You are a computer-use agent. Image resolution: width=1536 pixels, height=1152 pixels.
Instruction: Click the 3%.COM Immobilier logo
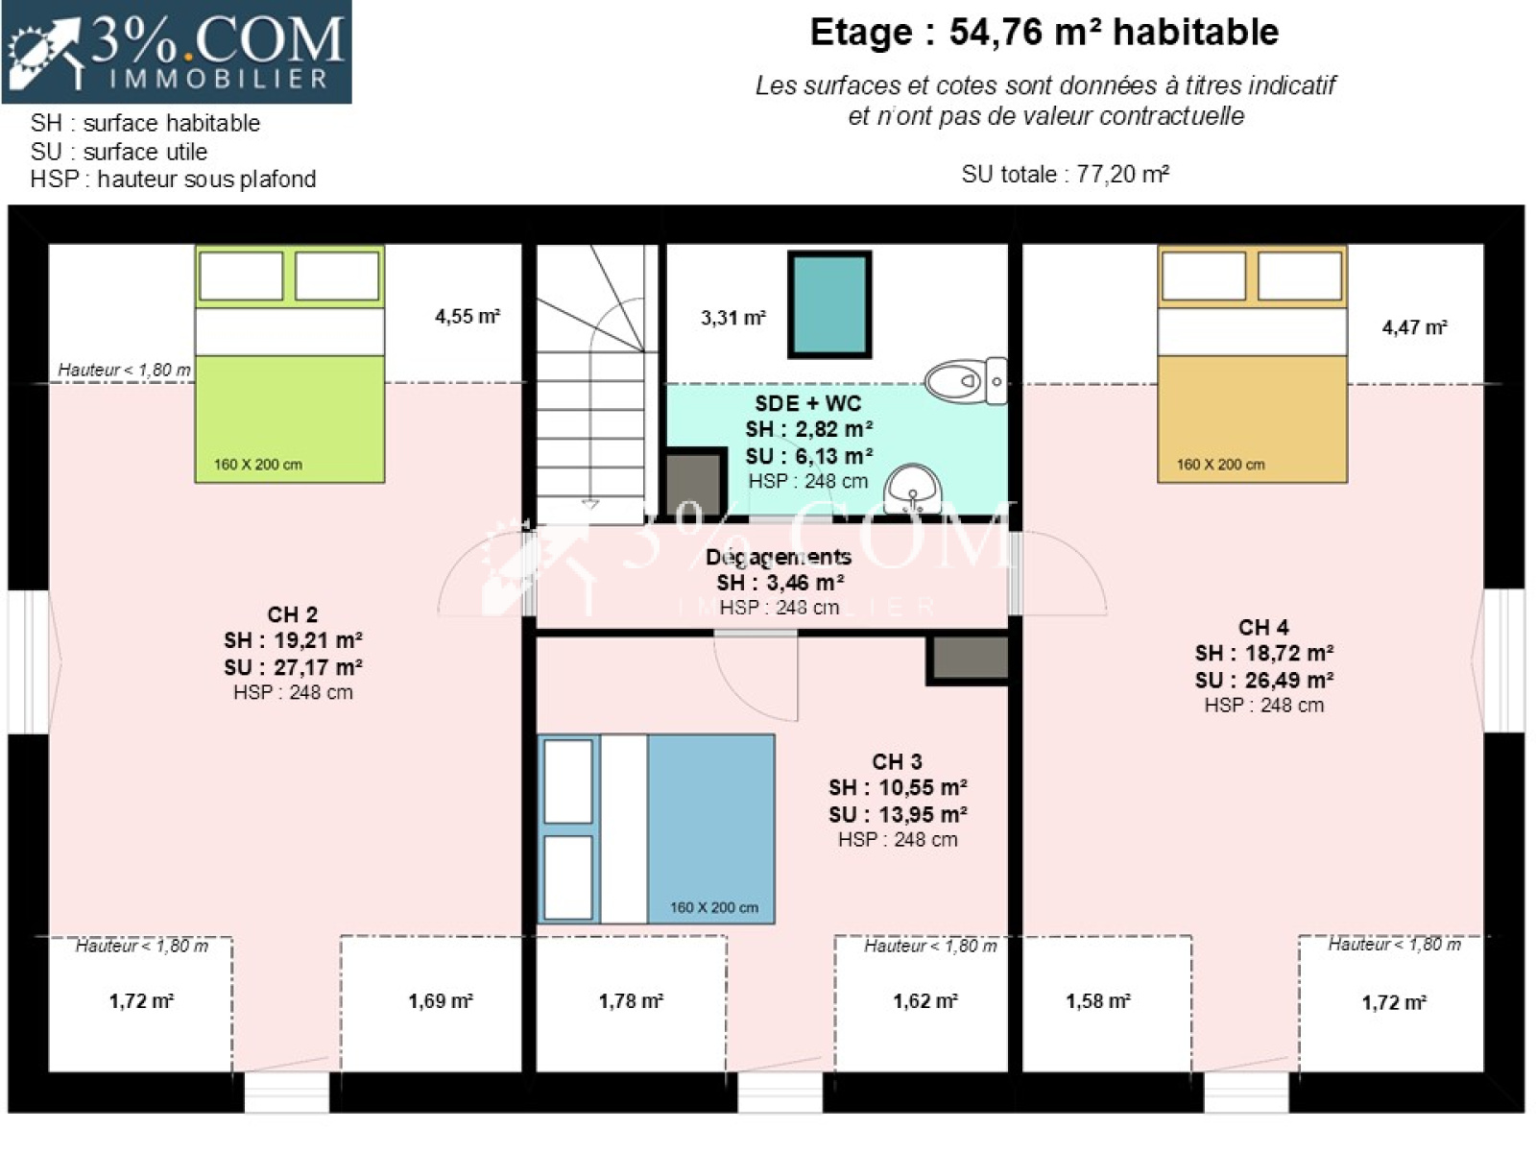click(177, 53)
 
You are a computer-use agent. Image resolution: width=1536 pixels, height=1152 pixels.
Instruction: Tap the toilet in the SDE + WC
click(967, 381)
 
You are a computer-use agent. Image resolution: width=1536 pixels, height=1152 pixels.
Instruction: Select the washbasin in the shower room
click(913, 489)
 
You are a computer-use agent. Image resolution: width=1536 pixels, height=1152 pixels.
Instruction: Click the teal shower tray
click(830, 305)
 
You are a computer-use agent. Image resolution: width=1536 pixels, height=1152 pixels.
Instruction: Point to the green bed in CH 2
click(290, 364)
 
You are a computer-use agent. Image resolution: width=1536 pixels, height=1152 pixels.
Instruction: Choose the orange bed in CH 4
click(1253, 364)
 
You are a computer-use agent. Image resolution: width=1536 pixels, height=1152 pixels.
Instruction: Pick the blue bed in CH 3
click(657, 828)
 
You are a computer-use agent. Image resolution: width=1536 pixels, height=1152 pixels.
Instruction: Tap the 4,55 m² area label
click(468, 317)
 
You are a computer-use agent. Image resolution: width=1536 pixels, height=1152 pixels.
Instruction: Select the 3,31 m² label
click(733, 319)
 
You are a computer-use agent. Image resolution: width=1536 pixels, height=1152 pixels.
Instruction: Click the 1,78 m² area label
click(631, 1001)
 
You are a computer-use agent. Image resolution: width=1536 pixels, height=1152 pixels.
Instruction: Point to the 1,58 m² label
click(1098, 1001)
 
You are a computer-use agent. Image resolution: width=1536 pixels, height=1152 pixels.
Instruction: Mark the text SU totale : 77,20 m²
click(1065, 174)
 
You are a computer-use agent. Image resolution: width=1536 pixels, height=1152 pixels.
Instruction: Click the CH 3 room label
click(897, 761)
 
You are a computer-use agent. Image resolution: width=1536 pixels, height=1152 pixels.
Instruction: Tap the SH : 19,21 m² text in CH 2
click(293, 640)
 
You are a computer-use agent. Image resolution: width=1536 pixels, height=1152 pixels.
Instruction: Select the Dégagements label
click(779, 557)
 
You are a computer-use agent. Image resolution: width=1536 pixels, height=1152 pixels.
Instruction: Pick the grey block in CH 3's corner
click(968, 660)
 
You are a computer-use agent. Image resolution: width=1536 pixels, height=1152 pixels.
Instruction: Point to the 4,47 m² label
click(1414, 327)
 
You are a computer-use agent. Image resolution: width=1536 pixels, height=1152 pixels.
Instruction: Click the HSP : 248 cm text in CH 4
click(1264, 705)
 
